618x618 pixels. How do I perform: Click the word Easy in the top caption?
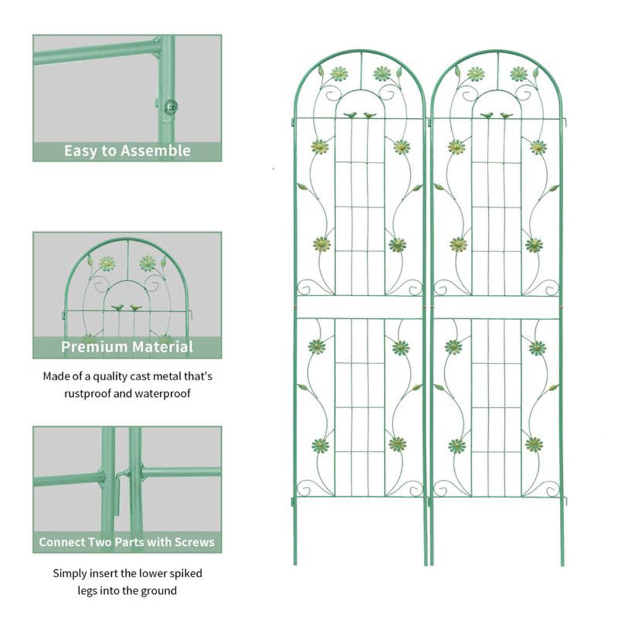[x=80, y=151]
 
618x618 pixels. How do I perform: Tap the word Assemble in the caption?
[x=156, y=151]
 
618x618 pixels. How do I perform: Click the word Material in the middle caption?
[x=162, y=347]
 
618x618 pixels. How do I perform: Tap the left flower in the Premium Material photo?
[x=108, y=263]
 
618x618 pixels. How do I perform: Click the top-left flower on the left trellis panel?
[x=339, y=74]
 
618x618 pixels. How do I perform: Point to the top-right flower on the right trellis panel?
[x=519, y=74]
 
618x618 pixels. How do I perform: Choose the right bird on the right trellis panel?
[x=506, y=115]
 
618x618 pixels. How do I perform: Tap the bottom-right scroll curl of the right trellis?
[x=550, y=489]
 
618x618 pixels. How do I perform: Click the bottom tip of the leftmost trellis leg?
[x=295, y=564]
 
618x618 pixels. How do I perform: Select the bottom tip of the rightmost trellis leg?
[x=562, y=564]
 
